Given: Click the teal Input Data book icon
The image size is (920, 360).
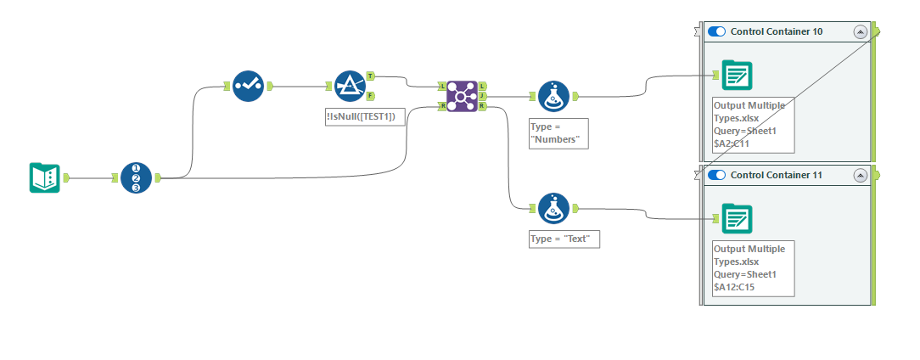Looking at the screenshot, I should coord(45,177).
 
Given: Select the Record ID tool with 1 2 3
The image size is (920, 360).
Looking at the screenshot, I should coord(136,177).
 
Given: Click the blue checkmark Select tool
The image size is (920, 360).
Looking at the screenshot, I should coord(248,85).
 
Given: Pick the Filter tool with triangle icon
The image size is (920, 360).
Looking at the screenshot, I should coord(349,85).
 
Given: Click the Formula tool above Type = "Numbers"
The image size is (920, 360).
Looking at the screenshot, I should coord(553,96).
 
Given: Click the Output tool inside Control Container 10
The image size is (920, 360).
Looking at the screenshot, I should coord(738,76).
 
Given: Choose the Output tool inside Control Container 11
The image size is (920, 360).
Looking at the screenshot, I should coord(738,218).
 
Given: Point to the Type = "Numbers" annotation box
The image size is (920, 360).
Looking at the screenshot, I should coord(558,133).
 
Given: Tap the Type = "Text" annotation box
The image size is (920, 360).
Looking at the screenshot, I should coord(564,239).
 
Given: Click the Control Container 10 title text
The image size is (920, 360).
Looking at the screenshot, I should coord(776,31).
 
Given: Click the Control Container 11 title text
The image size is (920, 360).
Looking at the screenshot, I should coord(776,175).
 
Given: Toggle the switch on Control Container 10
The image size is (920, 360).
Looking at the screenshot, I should coord(717,31).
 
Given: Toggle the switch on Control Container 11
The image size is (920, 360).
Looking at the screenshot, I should coord(717,175).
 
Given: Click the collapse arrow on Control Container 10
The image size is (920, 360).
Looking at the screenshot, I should coord(860,31).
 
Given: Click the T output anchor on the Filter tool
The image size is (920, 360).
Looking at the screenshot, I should coord(370,76).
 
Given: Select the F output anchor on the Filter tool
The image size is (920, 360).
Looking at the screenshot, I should coord(370,95).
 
